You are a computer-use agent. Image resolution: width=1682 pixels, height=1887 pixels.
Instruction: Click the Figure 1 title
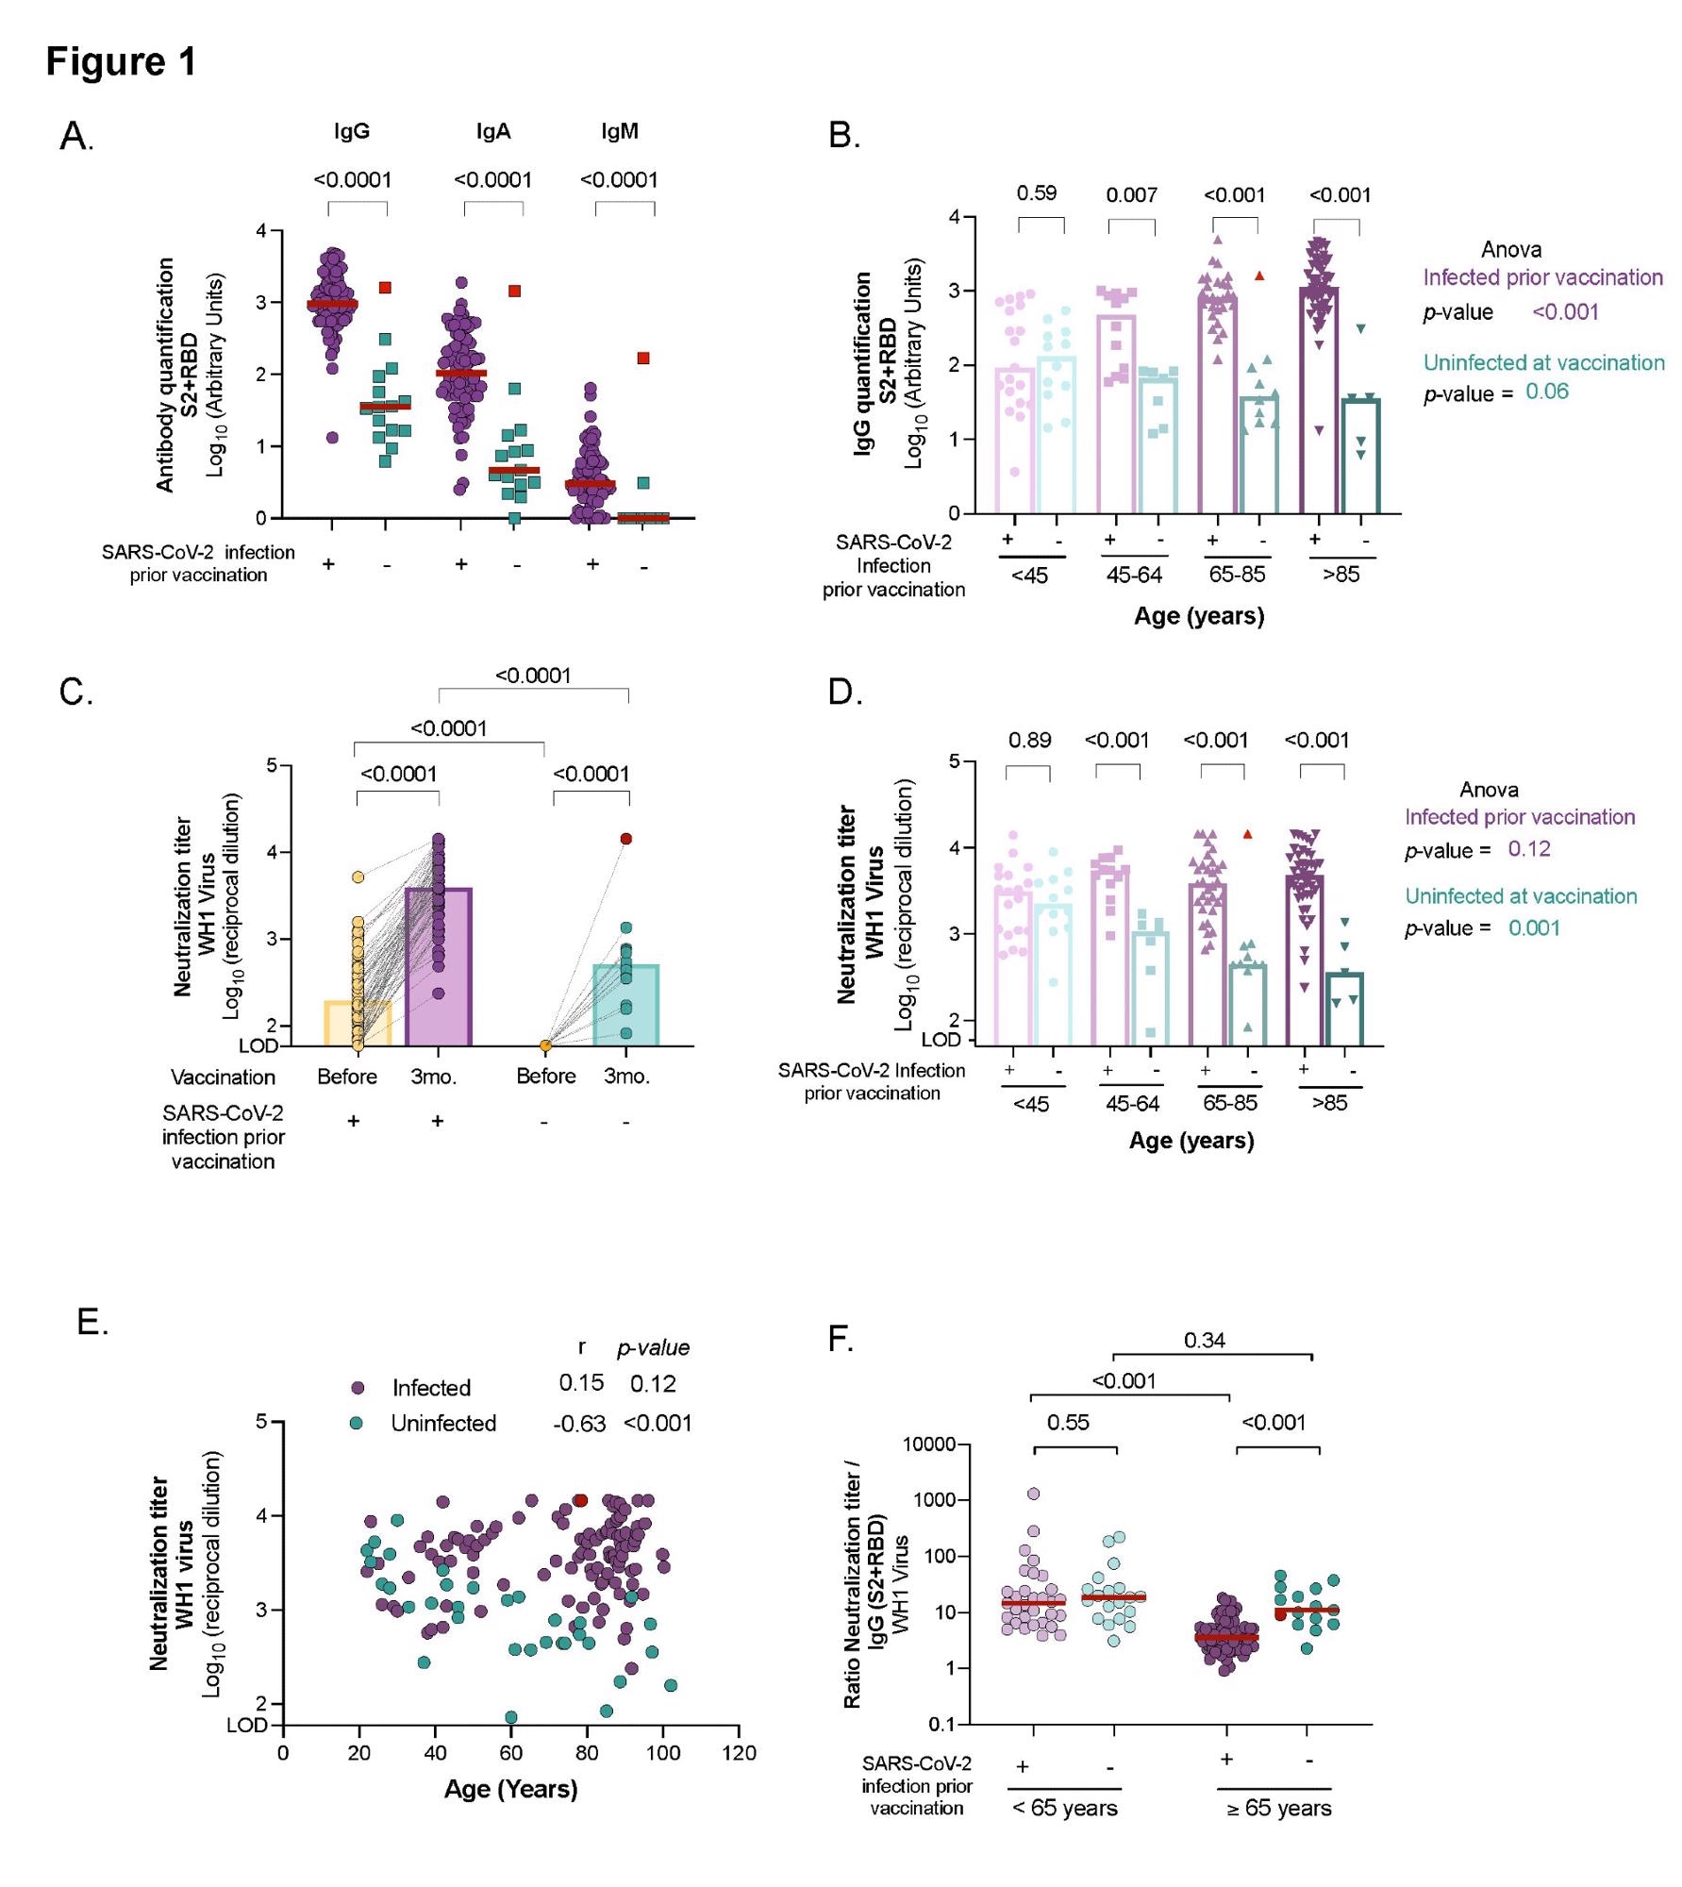coord(121,61)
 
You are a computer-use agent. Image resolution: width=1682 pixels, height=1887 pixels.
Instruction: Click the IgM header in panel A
coord(620,131)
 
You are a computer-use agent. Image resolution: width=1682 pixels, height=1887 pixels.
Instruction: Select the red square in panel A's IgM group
coord(643,358)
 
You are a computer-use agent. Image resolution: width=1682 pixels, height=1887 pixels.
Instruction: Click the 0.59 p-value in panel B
coord(1036,193)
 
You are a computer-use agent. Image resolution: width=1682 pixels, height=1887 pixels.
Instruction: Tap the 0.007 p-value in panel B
coord(1131,195)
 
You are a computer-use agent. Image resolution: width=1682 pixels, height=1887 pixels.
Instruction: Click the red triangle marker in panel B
coord(1259,276)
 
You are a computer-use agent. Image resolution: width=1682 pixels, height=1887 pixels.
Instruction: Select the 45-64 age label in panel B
coord(1134,576)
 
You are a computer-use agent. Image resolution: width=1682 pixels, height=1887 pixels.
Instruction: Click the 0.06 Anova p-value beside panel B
coord(1547,392)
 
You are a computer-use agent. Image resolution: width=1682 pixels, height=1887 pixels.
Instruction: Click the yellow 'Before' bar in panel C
coord(358,1025)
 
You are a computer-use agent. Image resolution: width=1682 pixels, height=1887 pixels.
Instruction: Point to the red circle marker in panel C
coord(626,839)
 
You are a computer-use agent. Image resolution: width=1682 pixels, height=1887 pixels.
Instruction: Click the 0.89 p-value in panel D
coord(1029,741)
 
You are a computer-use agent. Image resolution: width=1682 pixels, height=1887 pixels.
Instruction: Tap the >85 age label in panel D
coord(1329,1103)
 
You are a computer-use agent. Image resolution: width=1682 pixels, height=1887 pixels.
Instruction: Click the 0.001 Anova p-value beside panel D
coord(1534,928)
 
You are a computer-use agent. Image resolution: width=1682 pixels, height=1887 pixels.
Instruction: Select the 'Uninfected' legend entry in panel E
coord(443,1424)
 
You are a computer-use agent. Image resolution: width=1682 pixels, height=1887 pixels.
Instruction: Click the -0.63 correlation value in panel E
coord(579,1424)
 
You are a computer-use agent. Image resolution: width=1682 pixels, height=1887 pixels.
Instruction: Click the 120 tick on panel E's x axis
coord(739,1753)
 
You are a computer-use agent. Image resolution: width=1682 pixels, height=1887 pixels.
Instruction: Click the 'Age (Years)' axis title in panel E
coord(510,1790)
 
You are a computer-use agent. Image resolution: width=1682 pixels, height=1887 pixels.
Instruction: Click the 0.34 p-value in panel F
coord(1204,1341)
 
